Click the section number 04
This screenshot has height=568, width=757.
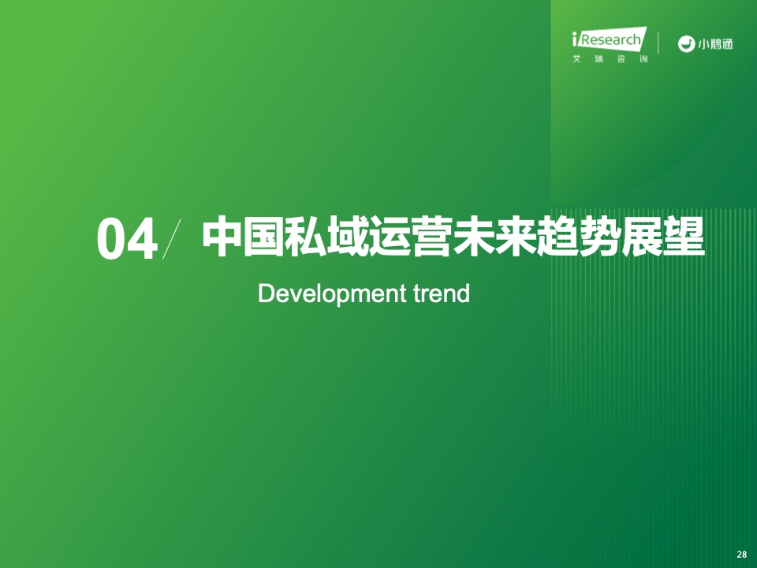tap(127, 240)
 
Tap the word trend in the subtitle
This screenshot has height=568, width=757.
tap(442, 293)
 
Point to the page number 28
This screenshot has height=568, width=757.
tap(741, 555)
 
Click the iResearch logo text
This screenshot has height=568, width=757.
tap(610, 39)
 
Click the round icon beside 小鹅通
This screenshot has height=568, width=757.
tap(685, 44)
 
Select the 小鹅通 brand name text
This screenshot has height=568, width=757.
tap(715, 44)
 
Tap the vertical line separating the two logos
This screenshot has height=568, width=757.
tap(658, 43)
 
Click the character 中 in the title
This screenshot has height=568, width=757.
tap(222, 238)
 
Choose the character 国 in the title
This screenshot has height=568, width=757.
tap(263, 238)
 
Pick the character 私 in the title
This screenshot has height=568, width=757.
tap(306, 238)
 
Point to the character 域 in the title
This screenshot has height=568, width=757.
tap(348, 238)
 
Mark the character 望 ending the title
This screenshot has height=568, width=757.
tap(684, 238)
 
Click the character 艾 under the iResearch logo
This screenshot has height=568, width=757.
tap(576, 59)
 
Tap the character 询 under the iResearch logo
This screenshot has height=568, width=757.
tap(643, 59)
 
